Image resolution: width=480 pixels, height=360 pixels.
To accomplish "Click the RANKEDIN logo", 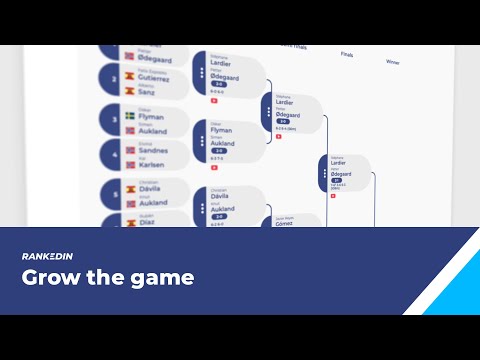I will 46,257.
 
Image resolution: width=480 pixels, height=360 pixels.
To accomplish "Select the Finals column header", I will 347,55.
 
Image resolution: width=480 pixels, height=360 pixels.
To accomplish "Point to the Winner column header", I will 393,62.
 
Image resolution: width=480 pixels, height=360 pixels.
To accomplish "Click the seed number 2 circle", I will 115,79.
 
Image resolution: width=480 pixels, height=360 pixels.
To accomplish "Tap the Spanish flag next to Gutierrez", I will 130,74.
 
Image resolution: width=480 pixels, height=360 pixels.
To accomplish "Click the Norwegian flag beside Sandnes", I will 130,150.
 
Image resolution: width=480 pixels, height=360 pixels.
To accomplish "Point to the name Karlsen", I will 154,165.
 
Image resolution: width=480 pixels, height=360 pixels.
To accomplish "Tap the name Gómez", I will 287,223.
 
